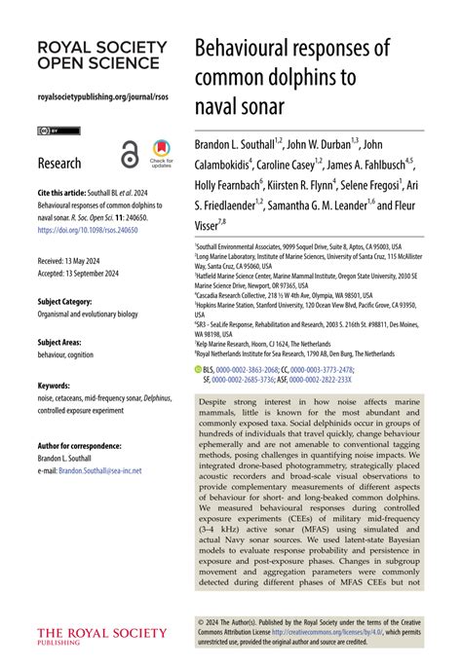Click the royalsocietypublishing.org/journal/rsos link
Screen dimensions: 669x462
(x=100, y=97)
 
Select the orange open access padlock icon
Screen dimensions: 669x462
(x=130, y=153)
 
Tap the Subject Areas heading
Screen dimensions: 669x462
(x=64, y=343)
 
